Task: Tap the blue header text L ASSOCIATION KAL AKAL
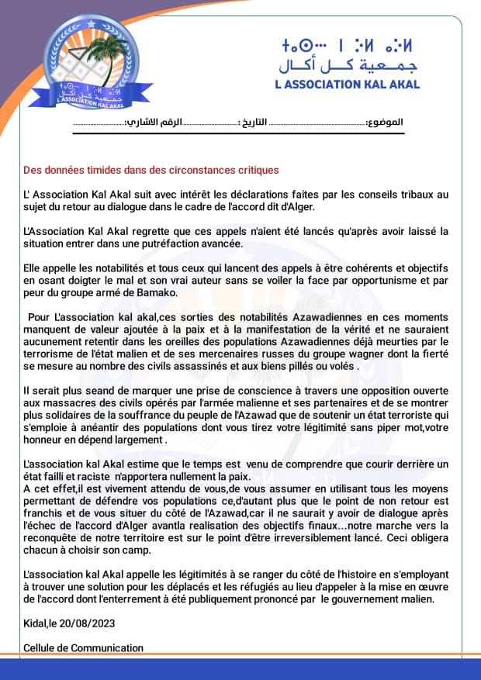pos(347,85)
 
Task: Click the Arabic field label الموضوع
pos(385,123)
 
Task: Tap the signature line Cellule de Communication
pos(84,647)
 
